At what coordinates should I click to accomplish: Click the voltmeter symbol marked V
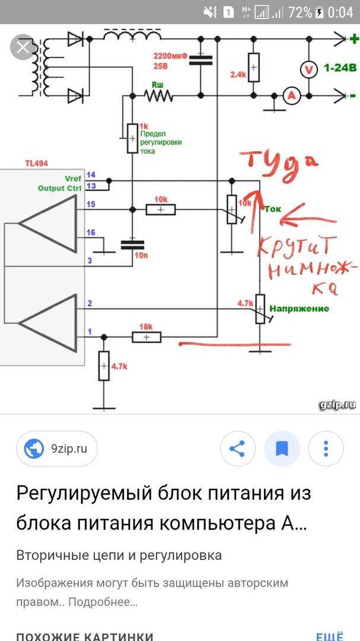point(308,69)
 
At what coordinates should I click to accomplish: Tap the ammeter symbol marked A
point(291,96)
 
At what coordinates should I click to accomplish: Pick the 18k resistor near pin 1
point(146,326)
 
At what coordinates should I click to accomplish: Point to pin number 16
point(90,232)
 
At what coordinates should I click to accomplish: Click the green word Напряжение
point(299,309)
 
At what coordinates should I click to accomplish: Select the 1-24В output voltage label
point(340,69)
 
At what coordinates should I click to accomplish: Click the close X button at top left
point(23,47)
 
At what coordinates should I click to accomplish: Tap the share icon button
point(237,449)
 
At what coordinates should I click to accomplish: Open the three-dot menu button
point(326,449)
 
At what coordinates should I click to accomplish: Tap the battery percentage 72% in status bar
point(300,12)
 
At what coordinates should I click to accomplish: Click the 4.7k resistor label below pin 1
point(119,366)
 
